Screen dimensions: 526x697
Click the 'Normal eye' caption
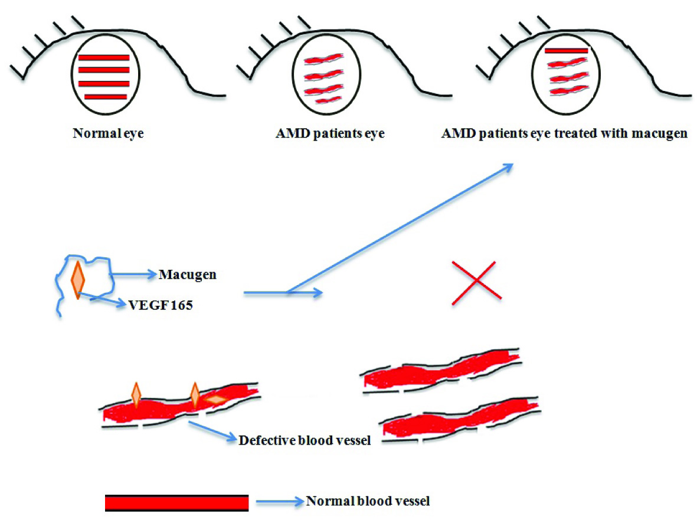(108, 133)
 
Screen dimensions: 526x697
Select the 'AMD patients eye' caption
(330, 133)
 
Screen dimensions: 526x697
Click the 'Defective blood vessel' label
(304, 440)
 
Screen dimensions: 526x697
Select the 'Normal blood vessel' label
(367, 502)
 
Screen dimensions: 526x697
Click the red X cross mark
(476, 283)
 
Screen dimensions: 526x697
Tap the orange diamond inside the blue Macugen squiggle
(77, 278)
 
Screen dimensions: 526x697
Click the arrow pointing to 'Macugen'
(133, 274)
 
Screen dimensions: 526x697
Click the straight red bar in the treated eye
(566, 51)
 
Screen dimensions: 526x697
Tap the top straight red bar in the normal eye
(104, 57)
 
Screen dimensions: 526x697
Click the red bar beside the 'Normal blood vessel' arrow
(176, 502)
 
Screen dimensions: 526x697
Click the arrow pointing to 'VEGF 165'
(109, 302)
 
